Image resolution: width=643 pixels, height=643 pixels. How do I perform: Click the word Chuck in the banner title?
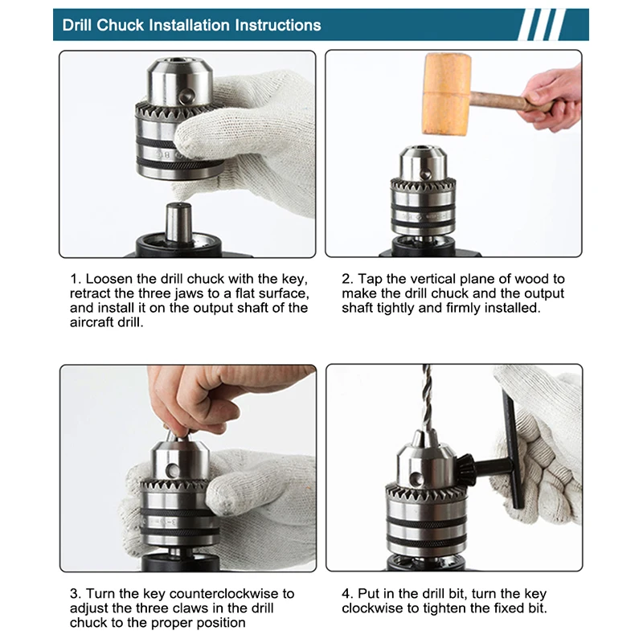pyautogui.click(x=120, y=26)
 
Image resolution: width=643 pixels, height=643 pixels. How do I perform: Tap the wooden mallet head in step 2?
pyautogui.click(x=446, y=94)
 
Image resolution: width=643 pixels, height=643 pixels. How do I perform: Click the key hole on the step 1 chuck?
pyautogui.click(x=187, y=96)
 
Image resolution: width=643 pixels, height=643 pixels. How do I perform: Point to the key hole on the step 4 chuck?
pyautogui.click(x=417, y=479)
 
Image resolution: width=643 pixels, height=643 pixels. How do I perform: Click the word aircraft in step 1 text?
pyautogui.click(x=92, y=322)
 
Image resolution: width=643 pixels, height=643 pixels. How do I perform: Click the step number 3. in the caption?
pyautogui.click(x=76, y=594)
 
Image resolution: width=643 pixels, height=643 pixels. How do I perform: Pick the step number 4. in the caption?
pyautogui.click(x=348, y=594)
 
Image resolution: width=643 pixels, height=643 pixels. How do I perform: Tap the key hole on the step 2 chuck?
pyautogui.click(x=426, y=174)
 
